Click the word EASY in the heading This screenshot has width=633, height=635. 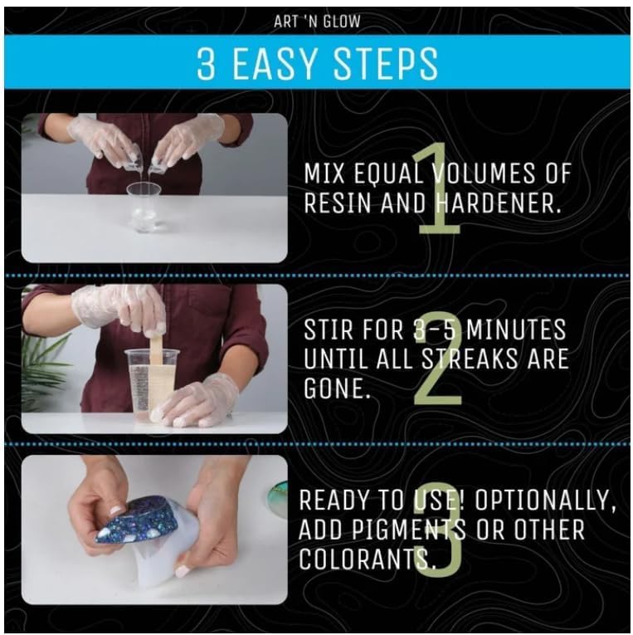coord(299,63)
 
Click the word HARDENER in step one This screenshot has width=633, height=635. coord(495,203)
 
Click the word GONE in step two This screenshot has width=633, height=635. coord(335,390)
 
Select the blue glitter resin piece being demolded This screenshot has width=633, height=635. coord(137,520)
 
